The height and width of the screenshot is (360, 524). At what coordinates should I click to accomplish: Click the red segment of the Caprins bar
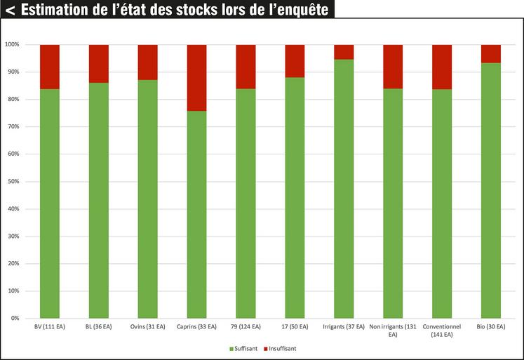coord(196,77)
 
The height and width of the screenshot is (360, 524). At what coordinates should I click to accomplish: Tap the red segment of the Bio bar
coord(490,53)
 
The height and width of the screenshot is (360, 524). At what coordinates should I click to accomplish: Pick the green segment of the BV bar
coord(50,204)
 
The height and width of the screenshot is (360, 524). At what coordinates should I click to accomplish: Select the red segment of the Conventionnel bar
coord(442,67)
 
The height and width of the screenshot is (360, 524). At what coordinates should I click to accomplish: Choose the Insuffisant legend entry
coord(281,348)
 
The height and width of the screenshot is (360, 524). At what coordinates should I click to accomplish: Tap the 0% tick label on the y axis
coord(14,318)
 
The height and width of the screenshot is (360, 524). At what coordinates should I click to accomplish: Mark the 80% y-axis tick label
coord(13,99)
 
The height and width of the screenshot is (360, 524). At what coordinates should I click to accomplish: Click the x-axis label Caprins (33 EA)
coord(196,327)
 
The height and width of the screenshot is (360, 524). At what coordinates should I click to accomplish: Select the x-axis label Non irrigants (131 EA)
coord(393,331)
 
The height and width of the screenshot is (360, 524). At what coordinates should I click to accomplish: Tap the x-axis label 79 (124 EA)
coord(246,327)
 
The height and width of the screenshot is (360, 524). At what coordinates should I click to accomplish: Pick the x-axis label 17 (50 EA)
coord(295,327)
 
